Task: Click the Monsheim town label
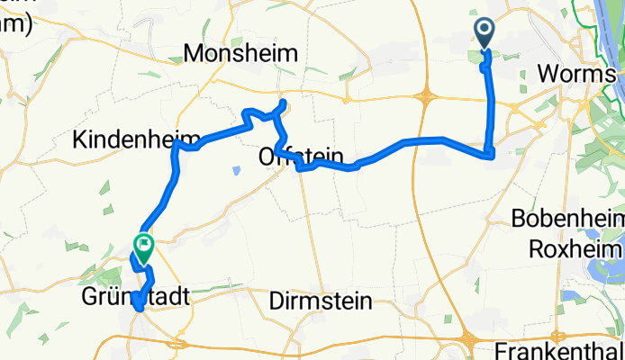240,54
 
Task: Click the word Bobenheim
566,218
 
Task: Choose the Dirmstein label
320,302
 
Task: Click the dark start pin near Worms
484,33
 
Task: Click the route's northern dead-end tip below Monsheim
284,103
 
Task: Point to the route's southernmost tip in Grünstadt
138,309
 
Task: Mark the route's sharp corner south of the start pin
491,155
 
